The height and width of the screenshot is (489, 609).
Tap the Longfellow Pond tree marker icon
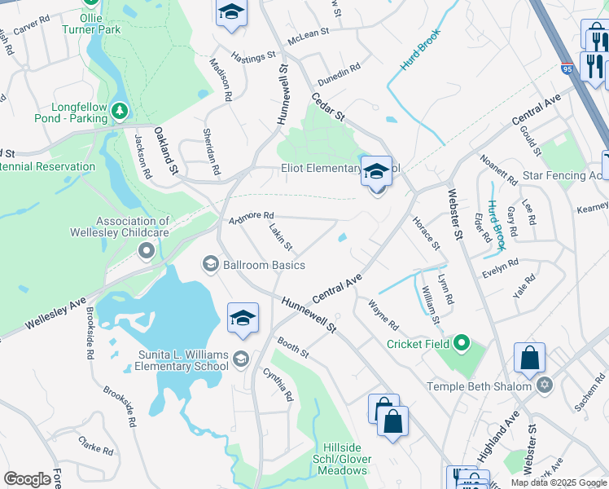tap(120, 109)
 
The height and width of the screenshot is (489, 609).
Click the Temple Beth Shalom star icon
tap(545, 385)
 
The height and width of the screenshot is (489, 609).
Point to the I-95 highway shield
tap(566, 71)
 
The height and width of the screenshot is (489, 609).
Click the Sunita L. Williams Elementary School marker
tap(240, 359)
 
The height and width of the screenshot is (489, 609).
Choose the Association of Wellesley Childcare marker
tap(146, 250)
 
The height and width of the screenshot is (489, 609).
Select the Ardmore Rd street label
tap(251, 215)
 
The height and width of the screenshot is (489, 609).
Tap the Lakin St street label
tap(280, 238)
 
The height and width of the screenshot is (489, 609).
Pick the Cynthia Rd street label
tap(278, 384)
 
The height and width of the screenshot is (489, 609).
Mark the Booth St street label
tap(293, 348)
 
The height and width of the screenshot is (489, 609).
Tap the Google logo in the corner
tap(28, 479)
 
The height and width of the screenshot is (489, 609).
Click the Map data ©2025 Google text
tap(559, 482)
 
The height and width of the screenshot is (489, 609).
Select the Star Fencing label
tap(565, 175)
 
